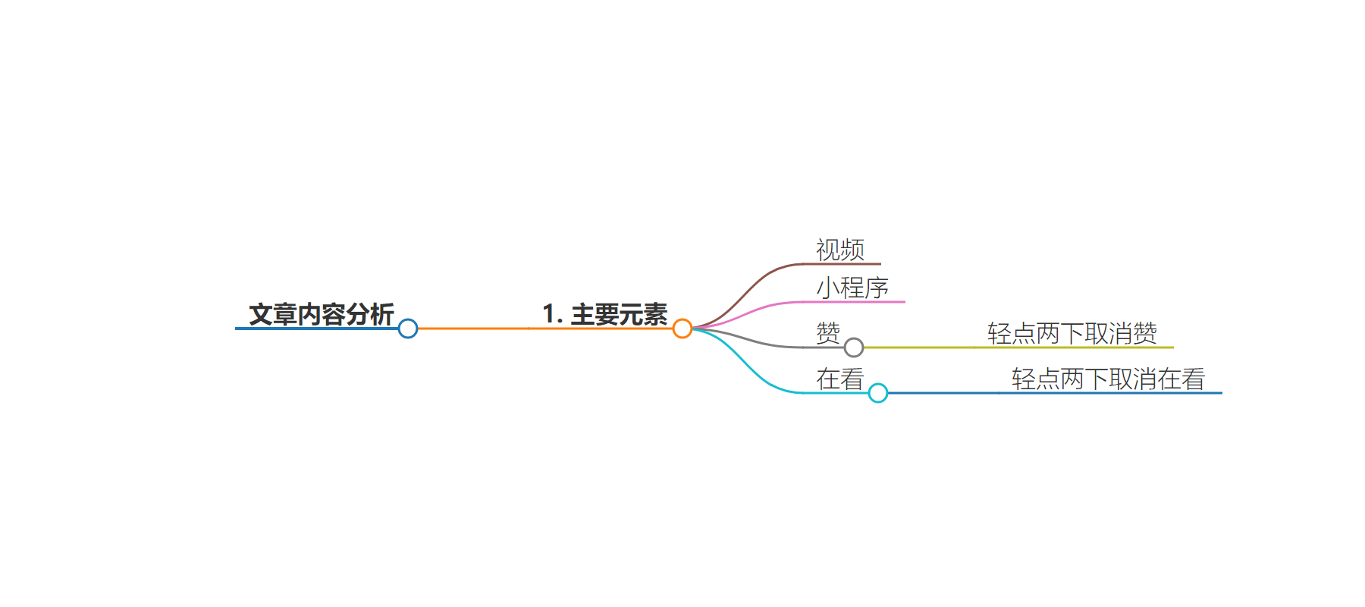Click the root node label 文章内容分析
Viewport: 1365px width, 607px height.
tap(322, 314)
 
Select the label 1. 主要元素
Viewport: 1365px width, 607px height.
tap(605, 314)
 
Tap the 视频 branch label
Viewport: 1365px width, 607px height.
tap(840, 250)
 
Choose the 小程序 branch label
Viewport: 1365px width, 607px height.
tap(852, 288)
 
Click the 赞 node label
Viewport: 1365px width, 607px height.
tap(828, 333)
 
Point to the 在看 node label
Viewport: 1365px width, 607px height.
tap(840, 379)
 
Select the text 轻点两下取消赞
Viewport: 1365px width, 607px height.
tap(1072, 333)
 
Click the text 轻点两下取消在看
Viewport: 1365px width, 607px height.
tap(1109, 379)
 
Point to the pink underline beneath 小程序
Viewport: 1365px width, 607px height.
tap(855, 302)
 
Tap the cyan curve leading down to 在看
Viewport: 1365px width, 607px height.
tap(747, 362)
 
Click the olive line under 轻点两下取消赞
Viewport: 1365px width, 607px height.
tap(1018, 348)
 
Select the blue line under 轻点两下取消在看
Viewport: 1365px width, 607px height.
tap(1055, 393)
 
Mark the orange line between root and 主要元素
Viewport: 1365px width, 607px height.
tap(545, 329)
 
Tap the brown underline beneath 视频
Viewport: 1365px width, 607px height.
tap(843, 264)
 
